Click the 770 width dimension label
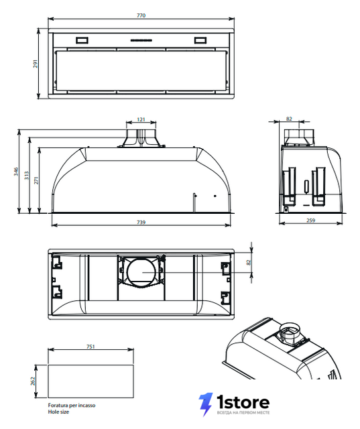pyautogui.click(x=141, y=15)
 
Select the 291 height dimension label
pyautogui.click(x=36, y=64)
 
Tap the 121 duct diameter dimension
pyautogui.click(x=141, y=119)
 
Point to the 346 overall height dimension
pyautogui.click(x=16, y=172)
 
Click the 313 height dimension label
pyautogui.click(x=27, y=176)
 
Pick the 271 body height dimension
pyautogui.click(x=36, y=180)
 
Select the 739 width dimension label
pyautogui.click(x=141, y=223)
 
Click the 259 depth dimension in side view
pyautogui.click(x=311, y=221)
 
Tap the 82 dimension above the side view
pyautogui.click(x=289, y=119)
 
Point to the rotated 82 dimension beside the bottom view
pyautogui.click(x=249, y=262)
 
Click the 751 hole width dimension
pyautogui.click(x=91, y=347)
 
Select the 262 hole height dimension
pyautogui.click(x=33, y=381)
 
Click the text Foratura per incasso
pyautogui.click(x=72, y=405)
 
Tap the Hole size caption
pyautogui.click(x=58, y=412)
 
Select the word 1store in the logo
pyautogui.click(x=243, y=402)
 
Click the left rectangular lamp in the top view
pyautogui.click(x=82, y=40)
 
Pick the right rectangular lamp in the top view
pyautogui.click(x=200, y=40)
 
